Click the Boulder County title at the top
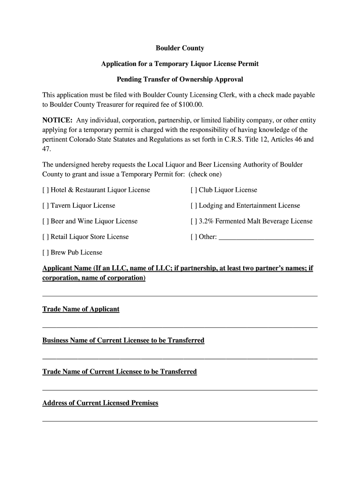180,48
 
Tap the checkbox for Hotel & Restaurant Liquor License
45,190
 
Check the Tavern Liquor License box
45,205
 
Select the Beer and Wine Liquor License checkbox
45,221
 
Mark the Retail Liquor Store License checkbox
45,237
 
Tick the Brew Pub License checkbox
45,253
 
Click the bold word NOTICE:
58,120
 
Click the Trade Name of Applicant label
81,309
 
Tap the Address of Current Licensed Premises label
100,403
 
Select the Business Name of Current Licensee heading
123,341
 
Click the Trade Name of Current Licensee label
119,371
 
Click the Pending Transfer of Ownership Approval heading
180,79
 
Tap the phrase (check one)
205,174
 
